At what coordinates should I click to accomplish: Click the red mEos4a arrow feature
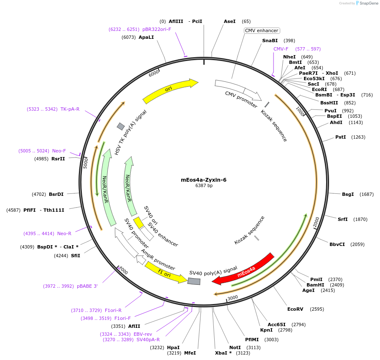point(244,269)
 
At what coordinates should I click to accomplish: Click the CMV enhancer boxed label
point(262,30)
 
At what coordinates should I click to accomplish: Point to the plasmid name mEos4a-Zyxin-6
point(204,180)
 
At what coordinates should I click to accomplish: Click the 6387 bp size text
point(204,186)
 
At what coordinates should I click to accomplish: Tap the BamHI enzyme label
point(315,285)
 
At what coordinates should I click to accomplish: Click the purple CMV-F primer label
point(281,49)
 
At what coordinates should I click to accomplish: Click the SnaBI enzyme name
point(270,41)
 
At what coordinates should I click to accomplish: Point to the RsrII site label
point(58,159)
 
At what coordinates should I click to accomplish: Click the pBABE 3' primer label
point(87,286)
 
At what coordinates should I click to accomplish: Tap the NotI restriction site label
point(235,347)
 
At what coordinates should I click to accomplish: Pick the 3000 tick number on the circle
point(233,297)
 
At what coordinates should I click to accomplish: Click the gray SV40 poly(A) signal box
point(194,281)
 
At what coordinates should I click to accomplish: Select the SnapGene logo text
point(368,3)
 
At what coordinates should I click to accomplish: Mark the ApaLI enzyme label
point(146,37)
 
